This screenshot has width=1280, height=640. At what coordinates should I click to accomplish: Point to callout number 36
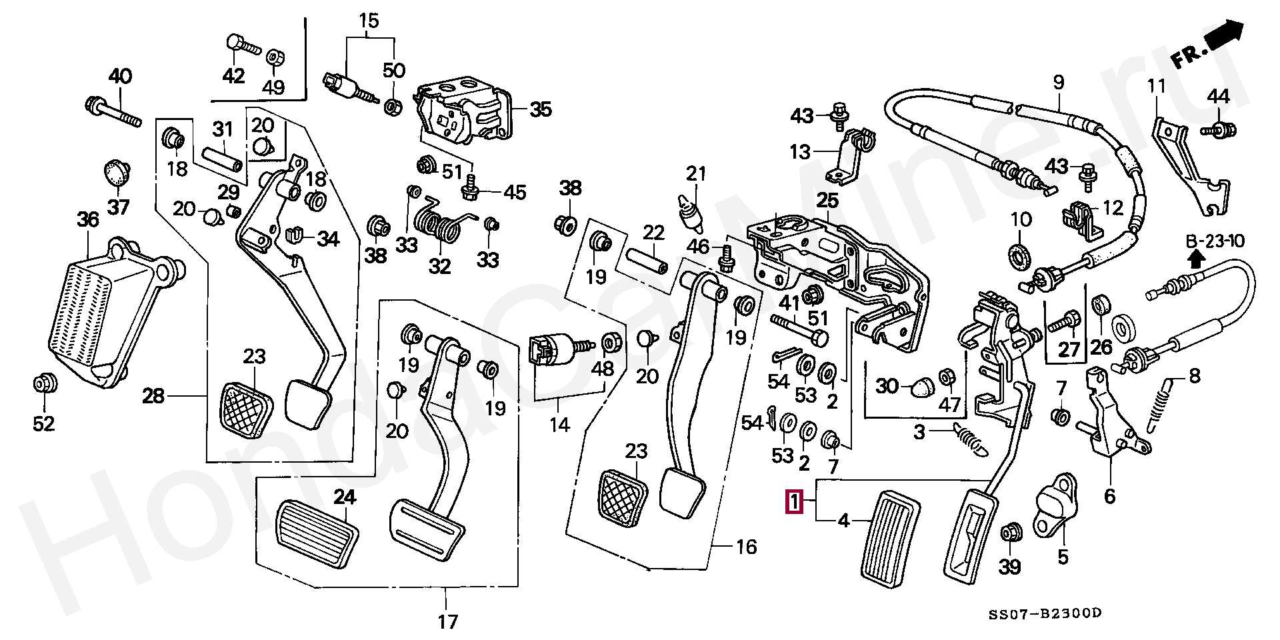click(x=87, y=219)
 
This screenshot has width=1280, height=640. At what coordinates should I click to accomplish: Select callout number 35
click(x=541, y=109)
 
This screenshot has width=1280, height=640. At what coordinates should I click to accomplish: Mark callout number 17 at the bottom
click(x=448, y=622)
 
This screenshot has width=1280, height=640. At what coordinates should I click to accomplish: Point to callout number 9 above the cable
click(x=1059, y=83)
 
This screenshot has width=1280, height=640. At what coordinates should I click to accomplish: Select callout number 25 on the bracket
click(x=827, y=200)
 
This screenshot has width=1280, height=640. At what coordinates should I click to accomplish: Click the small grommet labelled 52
click(x=45, y=385)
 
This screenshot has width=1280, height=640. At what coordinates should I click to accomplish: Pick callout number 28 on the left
click(x=153, y=397)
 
